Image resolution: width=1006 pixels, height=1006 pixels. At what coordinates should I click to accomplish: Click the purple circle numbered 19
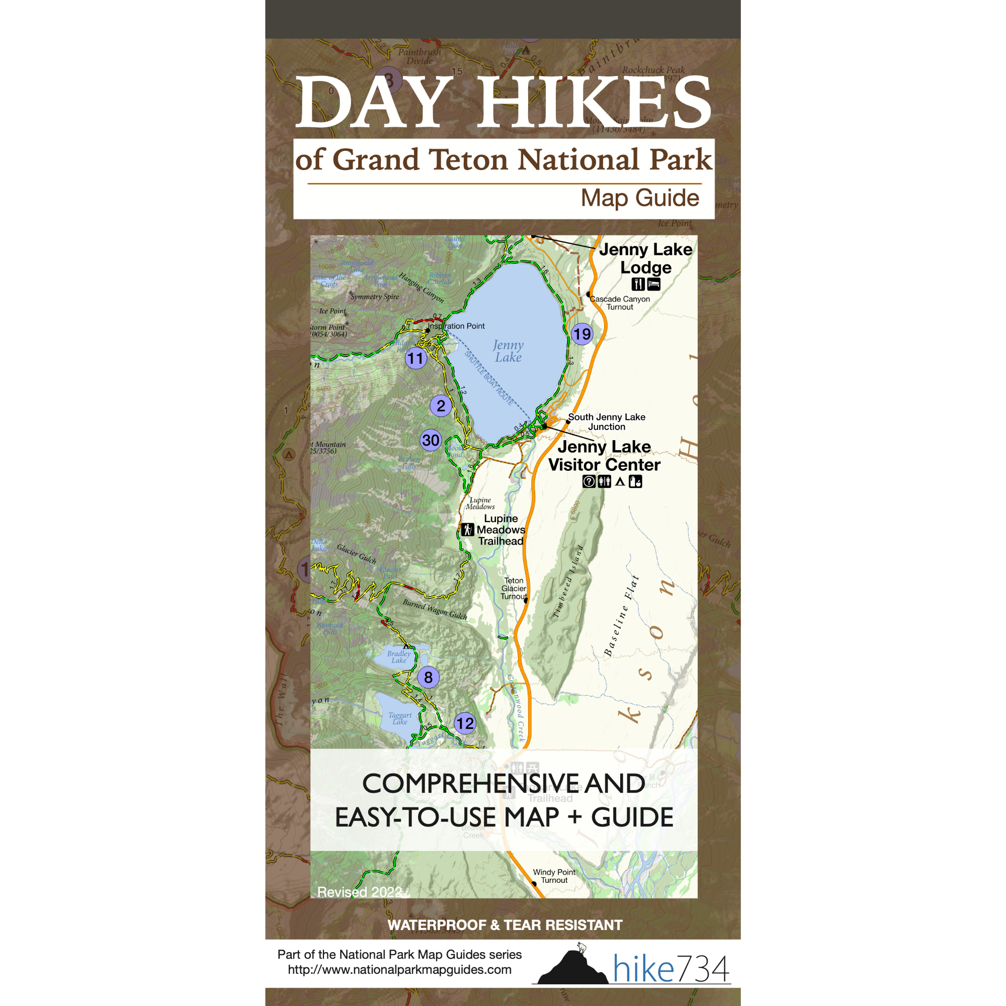click(582, 334)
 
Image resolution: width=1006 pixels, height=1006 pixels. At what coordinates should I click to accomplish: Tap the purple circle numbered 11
click(415, 358)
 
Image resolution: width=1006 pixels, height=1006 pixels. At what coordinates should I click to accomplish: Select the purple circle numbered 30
click(431, 441)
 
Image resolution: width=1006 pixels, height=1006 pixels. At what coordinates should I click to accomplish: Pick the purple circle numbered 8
click(428, 678)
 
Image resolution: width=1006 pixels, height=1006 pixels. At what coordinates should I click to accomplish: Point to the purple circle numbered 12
click(465, 723)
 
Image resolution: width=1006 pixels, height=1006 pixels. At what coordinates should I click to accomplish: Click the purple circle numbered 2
click(441, 405)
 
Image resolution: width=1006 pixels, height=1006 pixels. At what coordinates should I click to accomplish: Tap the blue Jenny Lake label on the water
click(508, 351)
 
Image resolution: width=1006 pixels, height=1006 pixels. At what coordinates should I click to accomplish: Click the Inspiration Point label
click(456, 326)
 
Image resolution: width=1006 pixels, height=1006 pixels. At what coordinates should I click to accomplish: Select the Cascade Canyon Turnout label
click(620, 303)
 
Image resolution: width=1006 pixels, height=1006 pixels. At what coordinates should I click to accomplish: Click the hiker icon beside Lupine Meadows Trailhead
click(468, 530)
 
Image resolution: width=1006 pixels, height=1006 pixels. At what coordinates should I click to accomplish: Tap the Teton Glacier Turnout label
click(514, 589)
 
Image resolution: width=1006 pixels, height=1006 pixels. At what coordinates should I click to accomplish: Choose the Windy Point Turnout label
click(554, 876)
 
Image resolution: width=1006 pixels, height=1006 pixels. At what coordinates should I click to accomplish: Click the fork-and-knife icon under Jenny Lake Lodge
click(638, 284)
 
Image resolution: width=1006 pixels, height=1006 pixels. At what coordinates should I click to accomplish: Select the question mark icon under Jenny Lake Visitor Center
click(589, 482)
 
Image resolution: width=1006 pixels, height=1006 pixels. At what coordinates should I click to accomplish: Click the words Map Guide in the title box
click(640, 198)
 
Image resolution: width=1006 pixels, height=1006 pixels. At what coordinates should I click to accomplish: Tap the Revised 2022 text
click(360, 892)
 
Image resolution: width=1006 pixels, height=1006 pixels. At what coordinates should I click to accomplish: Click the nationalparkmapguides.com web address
click(399, 970)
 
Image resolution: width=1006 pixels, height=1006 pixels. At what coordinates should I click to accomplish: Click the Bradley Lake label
click(399, 656)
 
